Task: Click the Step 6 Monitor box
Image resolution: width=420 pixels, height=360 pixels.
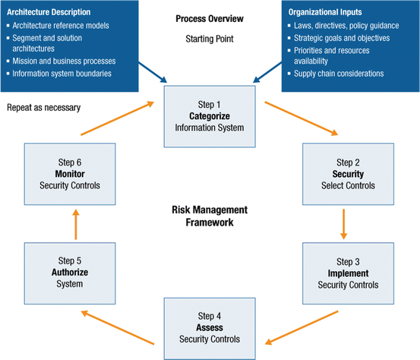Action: coord(68,175)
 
